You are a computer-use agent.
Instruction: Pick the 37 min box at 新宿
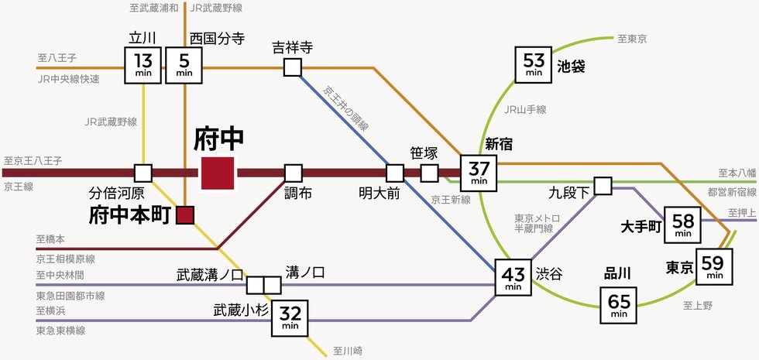(479, 172)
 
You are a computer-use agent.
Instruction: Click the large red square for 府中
(218, 172)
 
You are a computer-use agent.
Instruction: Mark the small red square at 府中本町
(185, 215)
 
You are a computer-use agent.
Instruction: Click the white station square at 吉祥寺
(292, 67)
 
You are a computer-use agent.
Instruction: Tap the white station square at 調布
(293, 172)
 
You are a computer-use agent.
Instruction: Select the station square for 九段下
(603, 185)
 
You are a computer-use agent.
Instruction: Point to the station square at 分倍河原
(143, 172)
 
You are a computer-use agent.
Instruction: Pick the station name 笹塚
(424, 152)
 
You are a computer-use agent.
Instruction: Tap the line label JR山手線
(525, 110)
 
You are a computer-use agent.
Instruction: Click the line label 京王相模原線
(65, 259)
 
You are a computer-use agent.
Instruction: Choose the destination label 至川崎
(348, 351)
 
